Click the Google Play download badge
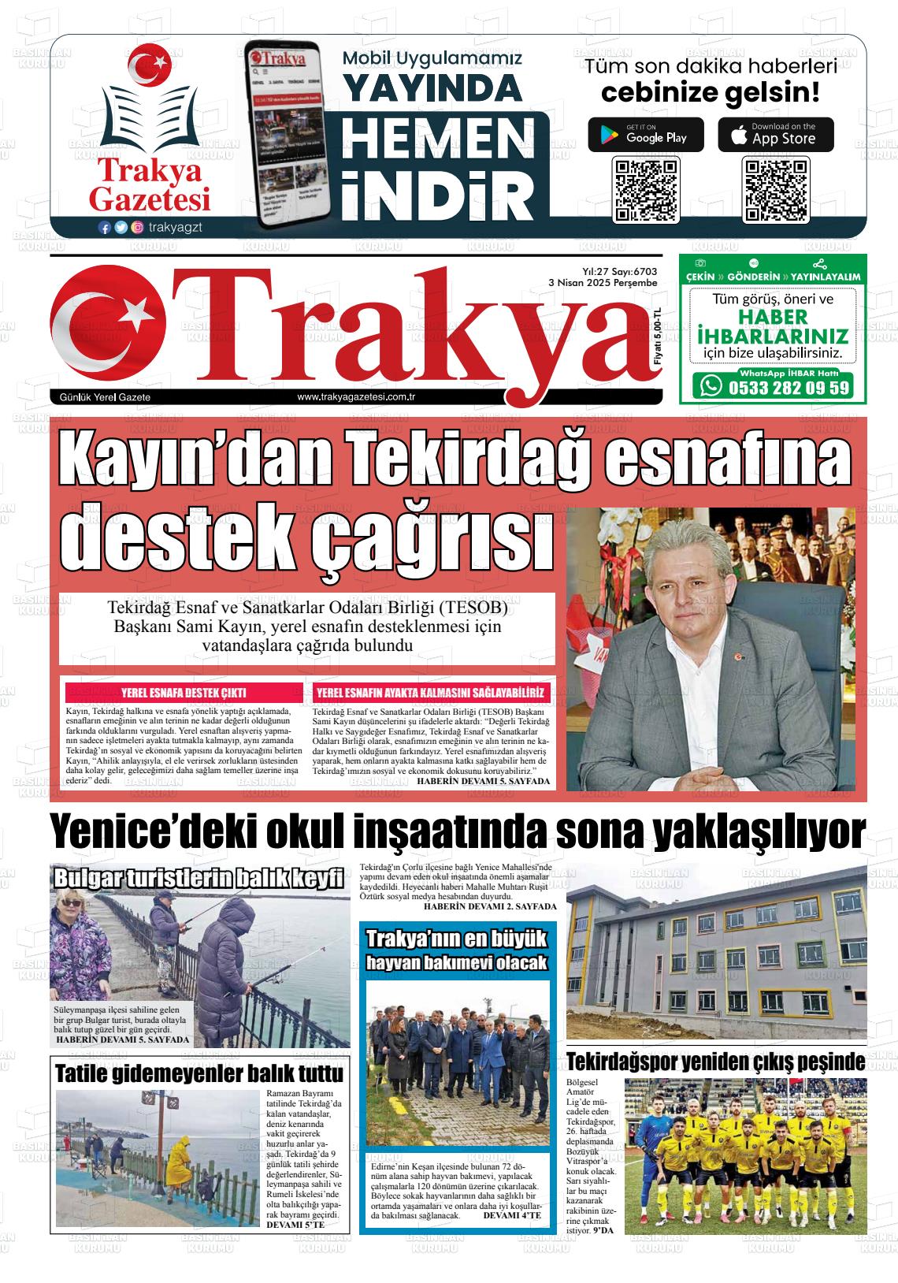tap(645, 135)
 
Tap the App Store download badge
tap(775, 135)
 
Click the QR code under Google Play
tap(645, 190)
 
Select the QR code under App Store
tap(775, 190)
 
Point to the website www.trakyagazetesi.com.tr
tap(356, 397)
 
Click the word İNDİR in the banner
tap(436, 192)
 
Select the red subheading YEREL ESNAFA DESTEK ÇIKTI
tap(184, 693)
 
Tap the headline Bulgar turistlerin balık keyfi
tap(199, 878)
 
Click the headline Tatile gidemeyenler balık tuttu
tap(199, 1074)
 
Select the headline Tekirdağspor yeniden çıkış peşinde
tap(715, 1062)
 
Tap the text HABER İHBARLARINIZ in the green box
tap(773, 326)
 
